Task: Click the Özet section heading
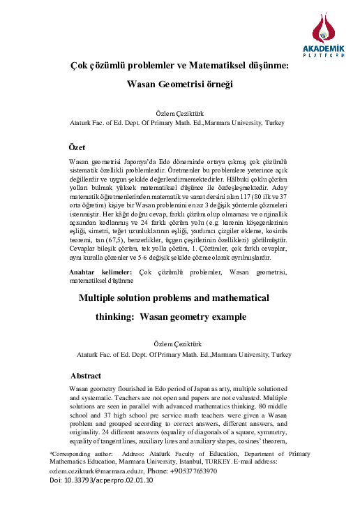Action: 76,148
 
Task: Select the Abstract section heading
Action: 86,375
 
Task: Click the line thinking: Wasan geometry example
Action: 171,316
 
